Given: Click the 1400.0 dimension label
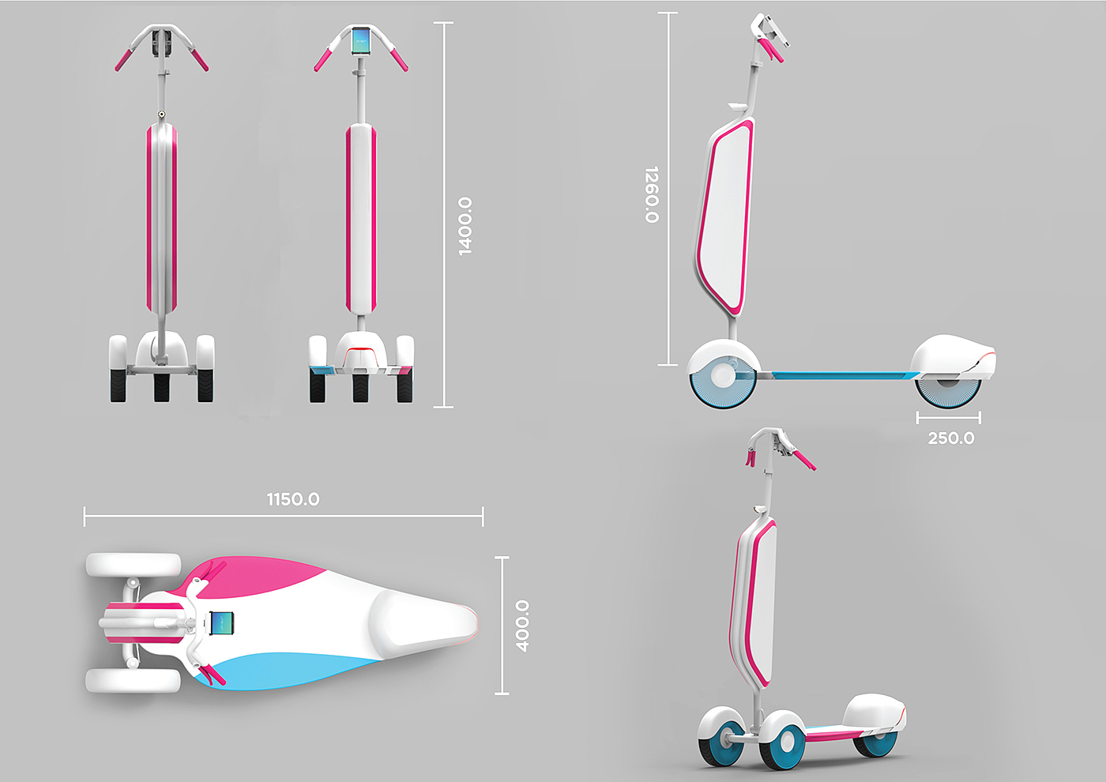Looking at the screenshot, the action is coord(465,226).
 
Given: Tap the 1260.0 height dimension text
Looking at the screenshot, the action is coord(652,194).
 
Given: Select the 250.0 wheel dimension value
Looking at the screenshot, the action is coord(951,438).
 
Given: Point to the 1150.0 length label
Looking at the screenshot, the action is coord(293,499).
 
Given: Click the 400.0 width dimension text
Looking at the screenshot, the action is coord(522,626).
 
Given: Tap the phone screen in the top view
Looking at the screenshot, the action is coord(224,624).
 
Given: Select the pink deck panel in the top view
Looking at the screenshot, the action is coord(261,575).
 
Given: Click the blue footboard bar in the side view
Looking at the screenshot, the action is coord(837,375).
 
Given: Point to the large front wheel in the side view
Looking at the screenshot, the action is coord(722,377).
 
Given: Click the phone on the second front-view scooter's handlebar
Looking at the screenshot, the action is coord(361,41).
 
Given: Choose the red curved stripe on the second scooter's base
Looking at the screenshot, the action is coord(361,348).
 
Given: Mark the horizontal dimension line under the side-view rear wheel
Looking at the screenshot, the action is coord(948,417).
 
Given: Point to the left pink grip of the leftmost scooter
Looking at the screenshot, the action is coord(123,60).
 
